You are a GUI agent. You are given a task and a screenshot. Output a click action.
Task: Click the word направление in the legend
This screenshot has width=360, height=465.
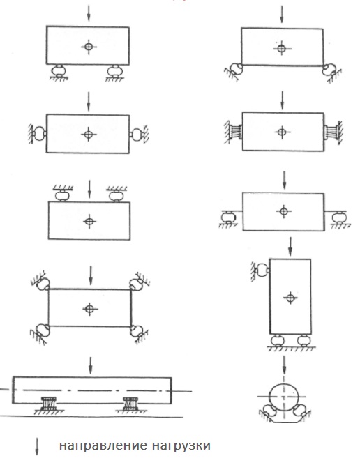[103, 446]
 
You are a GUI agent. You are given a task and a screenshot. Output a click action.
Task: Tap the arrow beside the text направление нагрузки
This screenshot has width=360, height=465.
[37, 446]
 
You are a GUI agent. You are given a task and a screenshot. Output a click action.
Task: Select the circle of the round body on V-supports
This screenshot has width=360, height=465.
[284, 397]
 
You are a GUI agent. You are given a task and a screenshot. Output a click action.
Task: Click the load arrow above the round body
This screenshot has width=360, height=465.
[285, 365]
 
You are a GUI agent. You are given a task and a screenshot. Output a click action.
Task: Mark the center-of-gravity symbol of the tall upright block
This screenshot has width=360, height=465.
[290, 297]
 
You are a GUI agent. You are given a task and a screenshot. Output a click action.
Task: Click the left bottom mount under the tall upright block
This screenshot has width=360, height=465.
[278, 340]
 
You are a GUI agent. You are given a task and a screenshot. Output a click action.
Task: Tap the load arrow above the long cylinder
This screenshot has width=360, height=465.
[91, 365]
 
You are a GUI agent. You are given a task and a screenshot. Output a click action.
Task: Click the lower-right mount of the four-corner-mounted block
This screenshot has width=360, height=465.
[137, 331]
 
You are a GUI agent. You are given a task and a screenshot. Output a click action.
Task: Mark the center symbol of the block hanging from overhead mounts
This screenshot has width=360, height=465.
[89, 221]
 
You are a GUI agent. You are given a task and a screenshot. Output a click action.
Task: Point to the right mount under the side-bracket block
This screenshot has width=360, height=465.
[339, 218]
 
